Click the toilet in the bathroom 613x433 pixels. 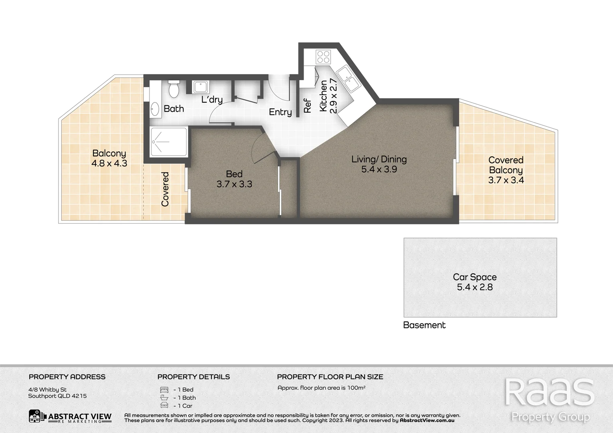(174, 90)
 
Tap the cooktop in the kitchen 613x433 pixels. (323, 57)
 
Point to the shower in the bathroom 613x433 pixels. (168, 142)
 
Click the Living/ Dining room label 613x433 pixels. (379, 159)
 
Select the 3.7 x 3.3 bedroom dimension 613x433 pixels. (234, 184)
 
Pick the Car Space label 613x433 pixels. (475, 277)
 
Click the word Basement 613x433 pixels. (424, 325)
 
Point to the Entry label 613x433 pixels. (280, 112)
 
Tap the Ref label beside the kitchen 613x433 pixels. (308, 106)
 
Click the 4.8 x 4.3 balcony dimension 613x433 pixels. (109, 164)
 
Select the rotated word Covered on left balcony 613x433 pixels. (165, 189)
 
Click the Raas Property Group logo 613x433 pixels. (549, 399)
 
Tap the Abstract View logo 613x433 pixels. (70, 417)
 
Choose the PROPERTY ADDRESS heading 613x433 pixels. (67, 377)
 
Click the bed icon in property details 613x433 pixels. (164, 390)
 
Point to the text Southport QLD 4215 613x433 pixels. (57, 396)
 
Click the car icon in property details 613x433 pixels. (164, 406)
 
